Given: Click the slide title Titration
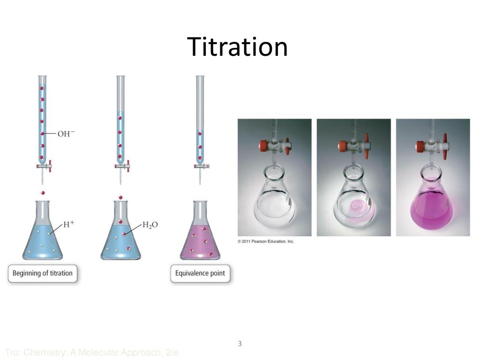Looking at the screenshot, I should (237, 47).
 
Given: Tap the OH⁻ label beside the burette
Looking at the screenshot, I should (66, 134).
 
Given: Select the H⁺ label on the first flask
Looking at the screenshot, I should (69, 224).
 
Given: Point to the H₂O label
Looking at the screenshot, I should (150, 225).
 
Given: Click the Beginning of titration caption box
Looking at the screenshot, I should (42, 273).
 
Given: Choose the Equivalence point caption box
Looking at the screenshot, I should (200, 273).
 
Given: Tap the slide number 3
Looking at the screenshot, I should (240, 344).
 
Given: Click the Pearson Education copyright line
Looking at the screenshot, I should (265, 241).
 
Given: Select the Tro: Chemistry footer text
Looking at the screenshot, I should (92, 352).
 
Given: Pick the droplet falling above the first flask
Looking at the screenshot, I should (43, 193).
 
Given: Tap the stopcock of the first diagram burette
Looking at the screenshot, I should (44, 165).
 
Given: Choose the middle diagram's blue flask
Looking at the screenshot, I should (121, 239).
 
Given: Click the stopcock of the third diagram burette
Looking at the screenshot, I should (202, 165).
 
